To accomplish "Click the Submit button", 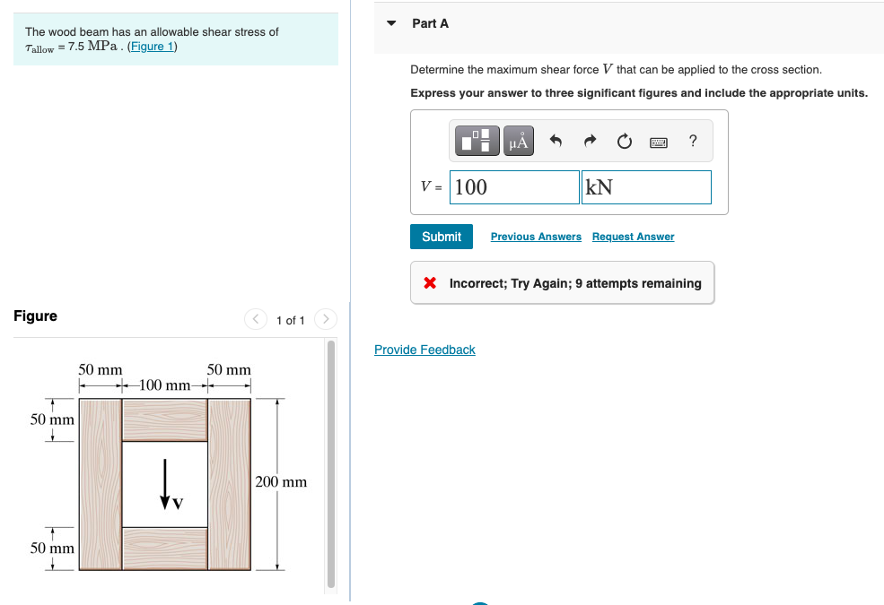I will tap(442, 237).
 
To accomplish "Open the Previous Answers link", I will tap(536, 237).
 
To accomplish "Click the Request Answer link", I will tap(633, 237).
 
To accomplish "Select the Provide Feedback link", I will tap(424, 350).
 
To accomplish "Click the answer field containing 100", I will tap(514, 187).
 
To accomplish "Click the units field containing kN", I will tap(645, 187).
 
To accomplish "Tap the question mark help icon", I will tap(692, 141).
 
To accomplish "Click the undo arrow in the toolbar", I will tap(556, 141).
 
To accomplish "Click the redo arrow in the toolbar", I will tap(590, 141).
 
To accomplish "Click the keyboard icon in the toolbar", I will tap(658, 142).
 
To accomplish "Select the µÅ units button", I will tap(518, 141).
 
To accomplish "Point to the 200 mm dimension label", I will tap(281, 482).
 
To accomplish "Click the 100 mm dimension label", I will tap(164, 385).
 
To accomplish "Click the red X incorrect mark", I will tap(430, 283).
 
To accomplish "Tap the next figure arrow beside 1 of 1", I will tap(326, 319).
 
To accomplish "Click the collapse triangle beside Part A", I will tap(391, 24).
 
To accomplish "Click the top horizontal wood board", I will tap(165, 419).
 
